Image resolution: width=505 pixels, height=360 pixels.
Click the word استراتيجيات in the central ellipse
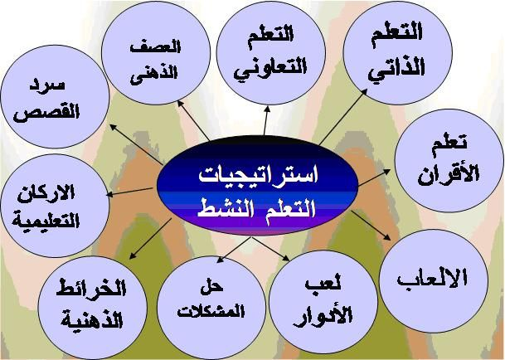pyautogui.click(x=258, y=175)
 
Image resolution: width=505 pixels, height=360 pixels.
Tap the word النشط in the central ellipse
pyautogui.click(x=225, y=209)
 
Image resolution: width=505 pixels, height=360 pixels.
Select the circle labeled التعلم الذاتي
pyautogui.click(x=398, y=52)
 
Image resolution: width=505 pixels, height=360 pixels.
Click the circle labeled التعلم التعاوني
pyautogui.click(x=271, y=52)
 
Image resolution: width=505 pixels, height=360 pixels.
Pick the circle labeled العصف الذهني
pyautogui.click(x=156, y=52)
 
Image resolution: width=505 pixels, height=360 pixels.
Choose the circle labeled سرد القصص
pyautogui.click(x=55, y=97)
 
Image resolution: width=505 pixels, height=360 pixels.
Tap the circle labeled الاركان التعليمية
pyautogui.click(x=55, y=206)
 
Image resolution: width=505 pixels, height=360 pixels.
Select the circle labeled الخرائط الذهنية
pyautogui.click(x=92, y=308)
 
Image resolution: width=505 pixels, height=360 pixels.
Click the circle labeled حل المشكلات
pyautogui.click(x=211, y=308)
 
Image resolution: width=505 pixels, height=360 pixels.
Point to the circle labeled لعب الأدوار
pyautogui.click(x=323, y=302)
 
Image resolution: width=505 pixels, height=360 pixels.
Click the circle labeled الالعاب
pyautogui.click(x=434, y=281)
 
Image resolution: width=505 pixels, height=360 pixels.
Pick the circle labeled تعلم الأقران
pyautogui.click(x=449, y=160)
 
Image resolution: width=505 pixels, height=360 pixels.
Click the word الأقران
pyautogui.click(x=449, y=175)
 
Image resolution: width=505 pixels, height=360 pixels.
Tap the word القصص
pyautogui.click(x=46, y=113)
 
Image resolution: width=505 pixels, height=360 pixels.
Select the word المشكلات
pyautogui.click(x=211, y=311)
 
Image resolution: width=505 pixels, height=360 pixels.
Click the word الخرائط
pyautogui.click(x=91, y=289)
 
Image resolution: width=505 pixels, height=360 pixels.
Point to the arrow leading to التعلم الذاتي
pyautogui.click(x=343, y=117)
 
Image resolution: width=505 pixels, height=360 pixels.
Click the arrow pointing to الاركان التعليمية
pyautogui.click(x=129, y=192)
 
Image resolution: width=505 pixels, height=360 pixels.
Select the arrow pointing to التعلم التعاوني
pyautogui.click(x=266, y=120)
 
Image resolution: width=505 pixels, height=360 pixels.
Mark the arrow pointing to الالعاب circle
pyautogui.click(x=371, y=226)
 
